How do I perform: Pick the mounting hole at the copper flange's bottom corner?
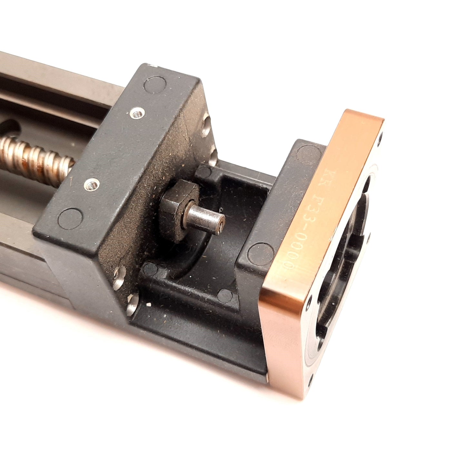[x=311, y=376]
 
